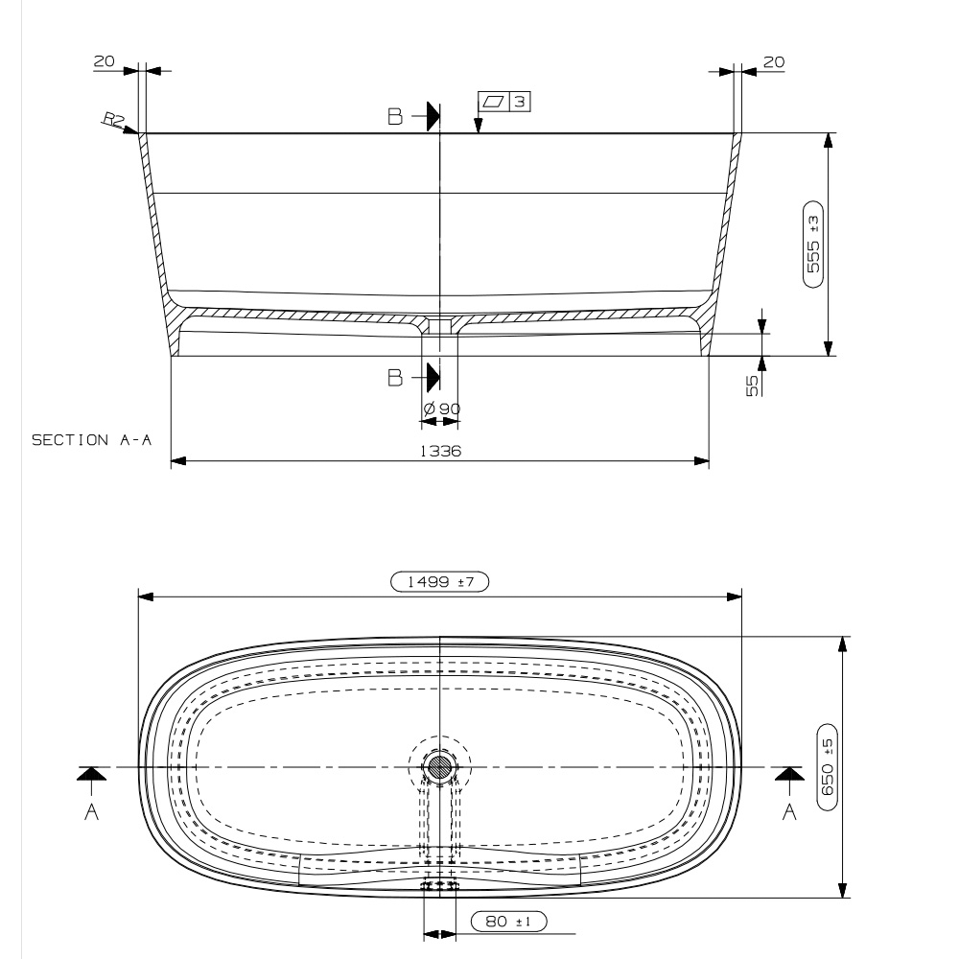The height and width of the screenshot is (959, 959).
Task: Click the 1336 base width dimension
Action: tap(440, 451)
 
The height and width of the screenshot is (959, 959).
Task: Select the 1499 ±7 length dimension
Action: tap(440, 580)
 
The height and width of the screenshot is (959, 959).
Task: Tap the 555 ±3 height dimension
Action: tap(813, 245)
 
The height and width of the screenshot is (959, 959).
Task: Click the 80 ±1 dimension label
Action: tap(508, 922)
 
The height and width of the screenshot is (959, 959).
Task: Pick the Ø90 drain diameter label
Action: tap(442, 409)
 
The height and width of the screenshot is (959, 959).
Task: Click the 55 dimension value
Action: tap(753, 385)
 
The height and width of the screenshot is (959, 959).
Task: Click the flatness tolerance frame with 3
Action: tap(505, 101)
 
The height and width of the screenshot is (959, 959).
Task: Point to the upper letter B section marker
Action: tap(395, 117)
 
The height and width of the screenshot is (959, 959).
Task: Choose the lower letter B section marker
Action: tap(395, 377)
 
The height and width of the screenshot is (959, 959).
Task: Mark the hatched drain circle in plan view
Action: tap(440, 766)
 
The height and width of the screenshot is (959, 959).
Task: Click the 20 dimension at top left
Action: tap(103, 61)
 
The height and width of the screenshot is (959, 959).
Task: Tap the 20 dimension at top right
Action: tap(774, 61)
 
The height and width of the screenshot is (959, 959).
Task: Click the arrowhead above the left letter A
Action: tap(91, 773)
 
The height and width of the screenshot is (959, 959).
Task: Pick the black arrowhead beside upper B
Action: tap(433, 116)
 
